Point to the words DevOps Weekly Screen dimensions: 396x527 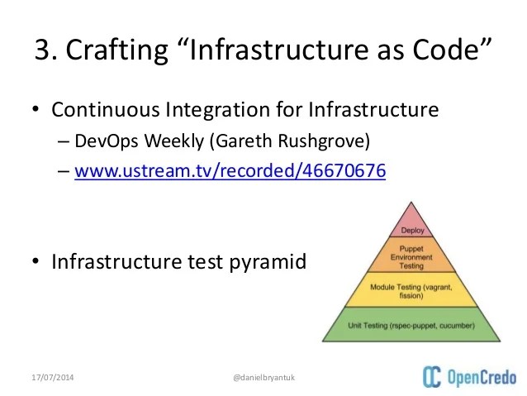tap(131, 141)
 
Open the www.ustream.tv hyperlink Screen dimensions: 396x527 tap(230, 173)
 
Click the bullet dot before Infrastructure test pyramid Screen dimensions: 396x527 tap(36, 263)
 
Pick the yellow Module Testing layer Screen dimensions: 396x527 tap(411, 291)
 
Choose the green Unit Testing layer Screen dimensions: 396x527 tap(411, 326)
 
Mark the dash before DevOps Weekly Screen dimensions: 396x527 tap(64, 141)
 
